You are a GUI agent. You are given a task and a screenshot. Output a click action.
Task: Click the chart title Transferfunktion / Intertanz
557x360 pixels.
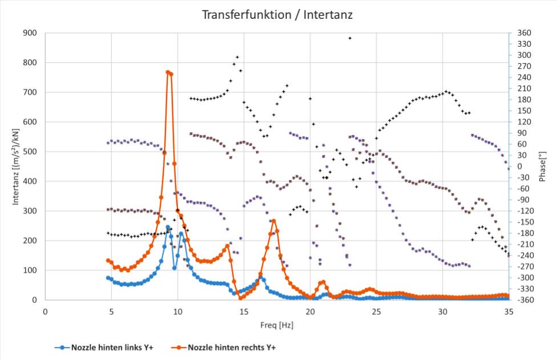click(277, 15)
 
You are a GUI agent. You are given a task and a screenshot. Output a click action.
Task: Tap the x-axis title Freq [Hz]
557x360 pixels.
click(277, 325)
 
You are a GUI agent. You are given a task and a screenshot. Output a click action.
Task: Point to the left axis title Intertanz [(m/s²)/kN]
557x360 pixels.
click(17, 166)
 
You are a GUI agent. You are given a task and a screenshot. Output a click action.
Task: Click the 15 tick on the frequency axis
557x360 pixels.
click(244, 311)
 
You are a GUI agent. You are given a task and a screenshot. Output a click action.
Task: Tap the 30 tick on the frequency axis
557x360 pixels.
click(443, 311)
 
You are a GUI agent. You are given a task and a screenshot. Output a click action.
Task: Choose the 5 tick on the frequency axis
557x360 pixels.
click(111, 311)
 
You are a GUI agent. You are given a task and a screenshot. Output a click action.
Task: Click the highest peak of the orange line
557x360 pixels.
click(168, 72)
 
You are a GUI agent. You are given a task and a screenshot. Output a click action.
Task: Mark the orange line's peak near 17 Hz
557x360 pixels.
click(274, 221)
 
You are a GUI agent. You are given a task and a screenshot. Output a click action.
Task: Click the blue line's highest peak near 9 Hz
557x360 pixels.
click(168, 227)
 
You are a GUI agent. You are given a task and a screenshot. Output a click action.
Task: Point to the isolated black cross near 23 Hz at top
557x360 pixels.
click(350, 38)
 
